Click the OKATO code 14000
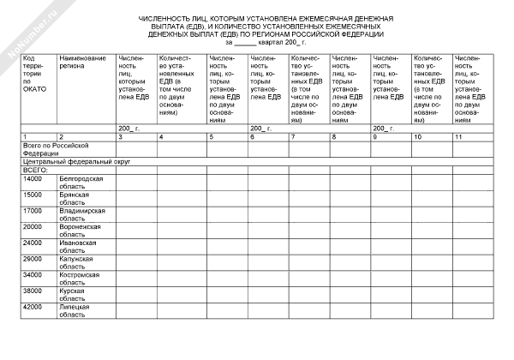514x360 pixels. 33,178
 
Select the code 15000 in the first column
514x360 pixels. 33,195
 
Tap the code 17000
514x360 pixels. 33,210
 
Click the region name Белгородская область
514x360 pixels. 81,182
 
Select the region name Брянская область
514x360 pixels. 77,198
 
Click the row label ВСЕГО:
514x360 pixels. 35,170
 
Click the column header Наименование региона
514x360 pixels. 82,62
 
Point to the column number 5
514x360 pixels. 212,137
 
